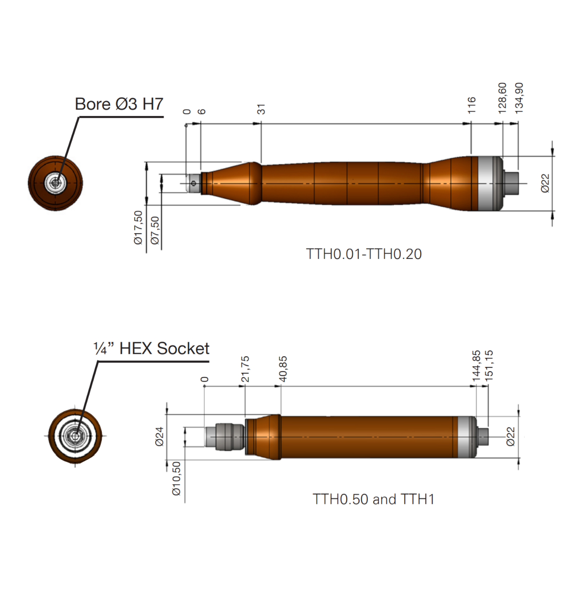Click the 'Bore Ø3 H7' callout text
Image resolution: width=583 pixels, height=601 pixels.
pos(119,104)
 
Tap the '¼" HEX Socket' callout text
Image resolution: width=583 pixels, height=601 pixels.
pos(151,348)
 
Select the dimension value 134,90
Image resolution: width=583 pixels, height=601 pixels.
pos(519,98)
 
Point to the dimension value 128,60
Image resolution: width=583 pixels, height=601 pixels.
pos(502,98)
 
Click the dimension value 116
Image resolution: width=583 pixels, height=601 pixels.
pos(472,105)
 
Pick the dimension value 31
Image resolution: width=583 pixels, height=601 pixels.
pos(261,109)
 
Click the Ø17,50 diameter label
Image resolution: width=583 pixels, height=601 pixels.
pos(138,227)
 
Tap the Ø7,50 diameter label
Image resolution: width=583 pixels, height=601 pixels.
pos(155,230)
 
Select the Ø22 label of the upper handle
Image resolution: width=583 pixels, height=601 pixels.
pos(545,183)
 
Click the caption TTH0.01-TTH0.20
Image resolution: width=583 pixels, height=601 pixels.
pos(364,254)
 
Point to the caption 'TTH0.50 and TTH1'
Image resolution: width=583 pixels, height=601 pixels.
pos(373,499)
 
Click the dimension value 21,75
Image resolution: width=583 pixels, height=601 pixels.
pos(245,369)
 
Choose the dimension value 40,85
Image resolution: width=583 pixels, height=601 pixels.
pos(283,369)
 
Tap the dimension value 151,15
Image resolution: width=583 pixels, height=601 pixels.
pos(489,365)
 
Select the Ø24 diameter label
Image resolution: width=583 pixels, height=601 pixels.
pos(159,436)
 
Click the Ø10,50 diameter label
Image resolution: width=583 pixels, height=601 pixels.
pos(176,478)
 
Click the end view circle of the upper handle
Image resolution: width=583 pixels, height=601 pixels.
pos(55,183)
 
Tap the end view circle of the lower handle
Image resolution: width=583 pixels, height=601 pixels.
pos(75,436)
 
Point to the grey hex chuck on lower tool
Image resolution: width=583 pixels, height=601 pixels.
pos(229,437)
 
